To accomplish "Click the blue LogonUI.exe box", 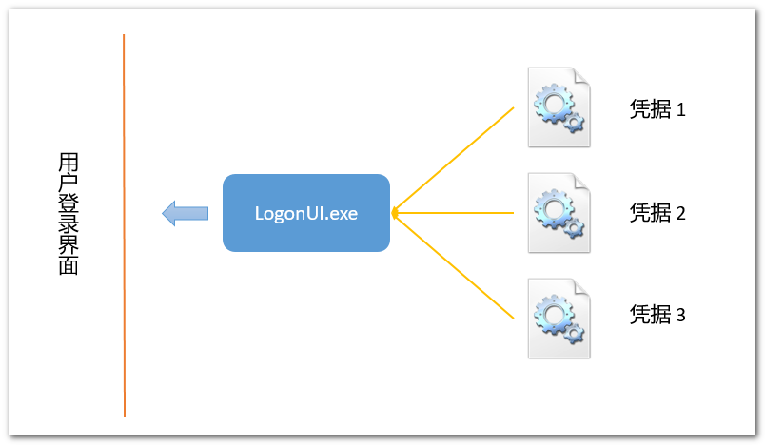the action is [x=305, y=213].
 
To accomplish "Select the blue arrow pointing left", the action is [x=185, y=214].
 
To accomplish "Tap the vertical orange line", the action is [x=124, y=225].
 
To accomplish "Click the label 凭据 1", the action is [x=657, y=109].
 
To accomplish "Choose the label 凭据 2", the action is [x=657, y=213].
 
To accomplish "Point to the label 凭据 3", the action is [x=657, y=315].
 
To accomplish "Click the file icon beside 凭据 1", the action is [x=559, y=107].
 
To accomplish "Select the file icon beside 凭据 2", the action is [x=559, y=213].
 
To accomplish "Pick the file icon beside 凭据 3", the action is [x=559, y=319].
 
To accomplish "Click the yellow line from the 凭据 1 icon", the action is [x=453, y=160].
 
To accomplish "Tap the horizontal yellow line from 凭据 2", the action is [x=453, y=213].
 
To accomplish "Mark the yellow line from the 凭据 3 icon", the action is [x=453, y=266].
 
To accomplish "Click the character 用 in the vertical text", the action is [x=69, y=163].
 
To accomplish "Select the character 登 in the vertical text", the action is [x=69, y=204].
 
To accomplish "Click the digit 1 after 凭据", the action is [x=681, y=110].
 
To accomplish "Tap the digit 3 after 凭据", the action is [x=681, y=316].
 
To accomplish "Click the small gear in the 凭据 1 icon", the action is [x=574, y=122].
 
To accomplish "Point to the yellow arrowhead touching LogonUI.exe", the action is [x=394, y=213].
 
